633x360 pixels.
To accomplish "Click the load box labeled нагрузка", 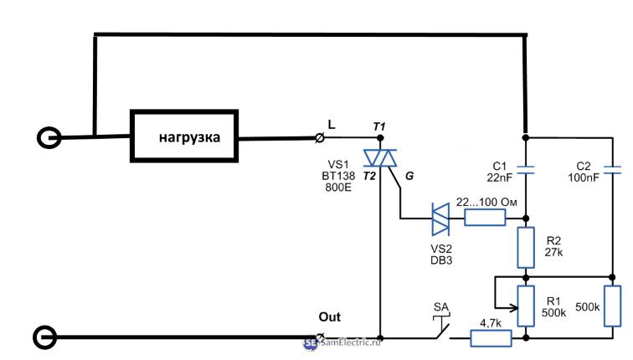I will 185,137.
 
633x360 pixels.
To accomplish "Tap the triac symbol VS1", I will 380,159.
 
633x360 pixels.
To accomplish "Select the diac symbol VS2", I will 439,219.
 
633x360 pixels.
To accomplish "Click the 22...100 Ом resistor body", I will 485,219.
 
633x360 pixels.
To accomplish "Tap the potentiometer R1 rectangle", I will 526,306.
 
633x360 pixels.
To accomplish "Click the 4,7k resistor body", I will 491,338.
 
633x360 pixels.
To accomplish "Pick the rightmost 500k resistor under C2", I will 614,306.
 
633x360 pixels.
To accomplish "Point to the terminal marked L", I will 319,136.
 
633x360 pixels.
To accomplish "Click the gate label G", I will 408,176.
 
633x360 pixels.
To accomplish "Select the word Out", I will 331,317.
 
